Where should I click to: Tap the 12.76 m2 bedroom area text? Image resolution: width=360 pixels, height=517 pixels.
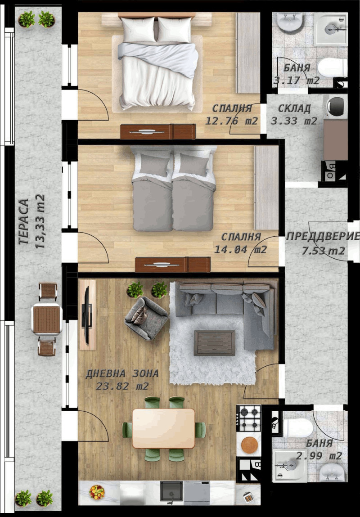tap(232, 121)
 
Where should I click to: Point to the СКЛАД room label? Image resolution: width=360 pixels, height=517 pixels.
tap(294, 108)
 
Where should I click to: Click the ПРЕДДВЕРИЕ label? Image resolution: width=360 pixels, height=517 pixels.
tap(323, 237)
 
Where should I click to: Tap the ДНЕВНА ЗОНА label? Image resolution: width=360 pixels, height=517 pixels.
tap(122, 373)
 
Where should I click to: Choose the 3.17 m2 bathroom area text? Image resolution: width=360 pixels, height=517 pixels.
tap(297, 81)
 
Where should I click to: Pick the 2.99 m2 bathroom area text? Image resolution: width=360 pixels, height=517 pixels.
tap(319, 455)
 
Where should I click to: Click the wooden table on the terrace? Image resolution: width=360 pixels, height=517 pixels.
tap(46, 319)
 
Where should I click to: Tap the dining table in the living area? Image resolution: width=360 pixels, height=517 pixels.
tap(163, 428)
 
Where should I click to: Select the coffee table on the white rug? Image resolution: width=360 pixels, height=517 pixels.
tap(214, 342)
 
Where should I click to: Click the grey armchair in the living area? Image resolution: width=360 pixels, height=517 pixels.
tap(146, 318)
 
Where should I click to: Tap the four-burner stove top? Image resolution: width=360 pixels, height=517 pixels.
tap(248, 418)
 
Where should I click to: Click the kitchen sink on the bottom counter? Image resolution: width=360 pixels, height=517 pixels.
tap(171, 492)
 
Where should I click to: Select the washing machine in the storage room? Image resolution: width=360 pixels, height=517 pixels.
tap(336, 107)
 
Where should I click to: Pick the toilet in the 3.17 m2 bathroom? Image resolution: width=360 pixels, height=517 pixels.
tap(332, 67)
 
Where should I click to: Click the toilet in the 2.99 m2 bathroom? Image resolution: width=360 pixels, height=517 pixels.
tap(298, 427)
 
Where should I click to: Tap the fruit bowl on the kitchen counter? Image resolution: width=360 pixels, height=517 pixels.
tap(97, 491)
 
